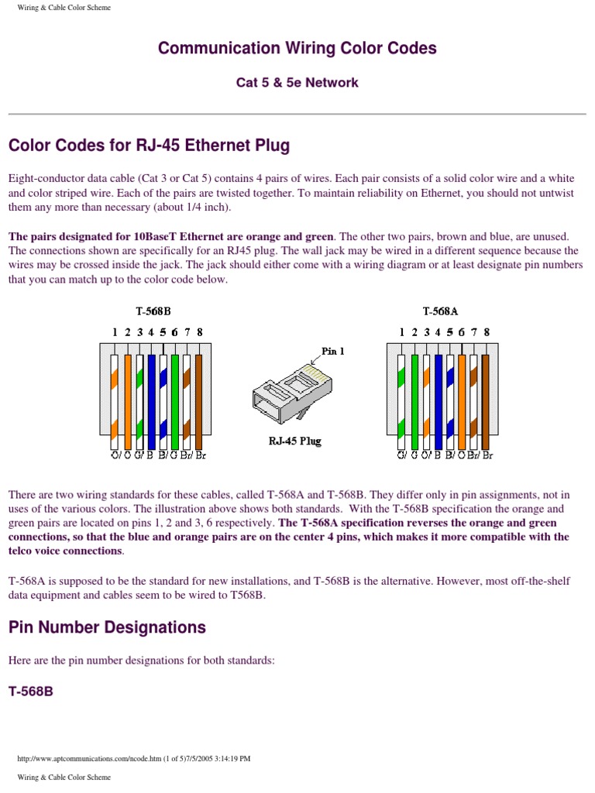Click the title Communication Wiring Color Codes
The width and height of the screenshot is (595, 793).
(297, 48)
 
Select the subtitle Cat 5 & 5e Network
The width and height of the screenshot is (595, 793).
(297, 82)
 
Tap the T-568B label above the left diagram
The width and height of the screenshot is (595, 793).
(153, 311)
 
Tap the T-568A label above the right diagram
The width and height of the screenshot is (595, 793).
(440, 311)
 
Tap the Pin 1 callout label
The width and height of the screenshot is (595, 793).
(333, 351)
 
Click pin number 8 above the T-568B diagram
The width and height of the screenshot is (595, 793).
(200, 331)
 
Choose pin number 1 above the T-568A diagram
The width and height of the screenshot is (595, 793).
(401, 331)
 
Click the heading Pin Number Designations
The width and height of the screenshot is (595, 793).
(107, 627)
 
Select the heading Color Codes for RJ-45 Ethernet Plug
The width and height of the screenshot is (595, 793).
(149, 146)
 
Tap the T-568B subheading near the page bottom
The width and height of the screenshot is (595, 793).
(31, 691)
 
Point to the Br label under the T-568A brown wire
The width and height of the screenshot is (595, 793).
(487, 455)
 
